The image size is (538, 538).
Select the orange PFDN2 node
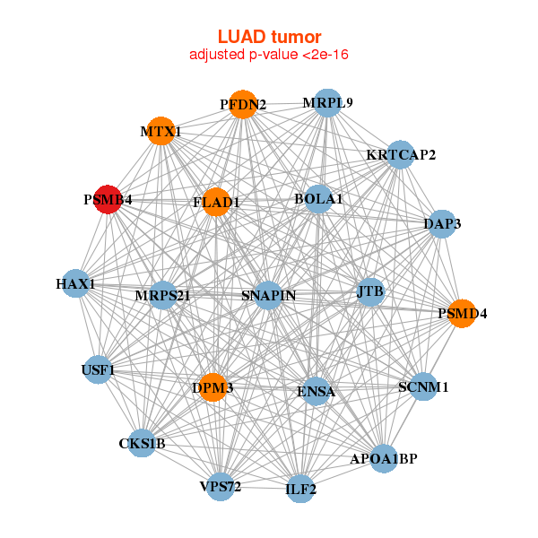pyautogui.click(x=242, y=104)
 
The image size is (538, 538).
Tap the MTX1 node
pyautogui.click(x=161, y=131)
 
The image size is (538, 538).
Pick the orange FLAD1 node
pyautogui.click(x=216, y=202)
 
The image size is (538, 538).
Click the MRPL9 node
pyautogui.click(x=327, y=102)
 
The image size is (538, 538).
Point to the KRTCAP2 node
pyautogui.click(x=400, y=154)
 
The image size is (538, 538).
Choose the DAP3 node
pyautogui.click(x=441, y=224)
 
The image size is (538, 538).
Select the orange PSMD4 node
pyautogui.click(x=462, y=314)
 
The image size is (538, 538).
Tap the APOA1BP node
pyautogui.click(x=384, y=458)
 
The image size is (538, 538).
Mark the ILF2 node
pyautogui.click(x=301, y=490)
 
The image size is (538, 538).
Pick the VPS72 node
pyautogui.click(x=221, y=487)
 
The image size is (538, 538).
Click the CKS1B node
pyautogui.click(x=142, y=443)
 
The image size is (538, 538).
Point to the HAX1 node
pyautogui.click(x=75, y=284)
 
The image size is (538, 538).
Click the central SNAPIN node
pyautogui.click(x=268, y=295)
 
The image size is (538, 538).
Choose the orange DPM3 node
pyautogui.click(x=213, y=387)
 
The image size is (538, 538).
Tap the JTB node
pyautogui.click(x=369, y=291)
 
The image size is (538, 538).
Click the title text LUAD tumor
pyautogui.click(x=269, y=37)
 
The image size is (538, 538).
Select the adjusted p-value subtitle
pyautogui.click(x=269, y=55)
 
